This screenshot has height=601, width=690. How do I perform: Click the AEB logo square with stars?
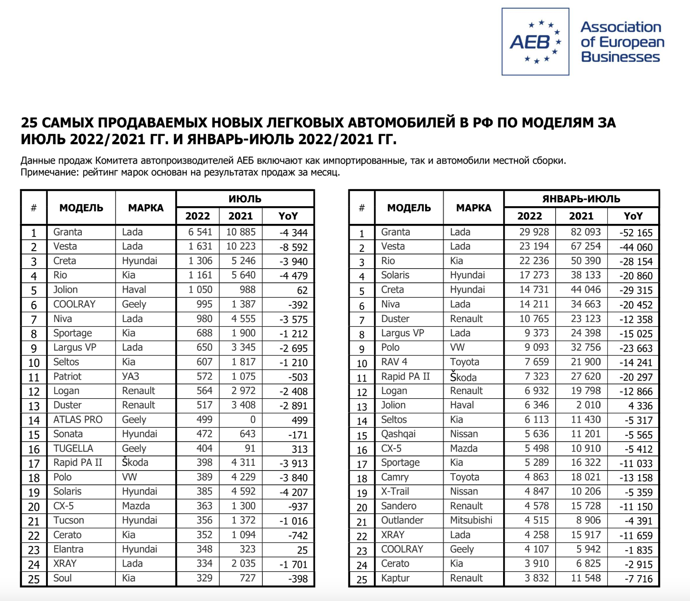(x=535, y=42)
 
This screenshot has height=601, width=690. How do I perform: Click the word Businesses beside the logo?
(x=620, y=57)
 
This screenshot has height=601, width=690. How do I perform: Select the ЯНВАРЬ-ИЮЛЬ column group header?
(x=581, y=199)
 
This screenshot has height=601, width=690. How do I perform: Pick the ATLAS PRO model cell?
(x=78, y=420)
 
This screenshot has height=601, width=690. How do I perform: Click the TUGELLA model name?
(x=73, y=449)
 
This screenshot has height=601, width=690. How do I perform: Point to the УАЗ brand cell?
(x=131, y=377)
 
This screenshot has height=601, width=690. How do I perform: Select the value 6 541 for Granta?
(x=200, y=232)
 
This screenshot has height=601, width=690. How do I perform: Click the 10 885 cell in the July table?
(x=241, y=232)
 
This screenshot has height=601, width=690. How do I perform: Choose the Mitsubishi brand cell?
(x=471, y=520)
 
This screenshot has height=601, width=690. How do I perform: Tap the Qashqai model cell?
(x=398, y=434)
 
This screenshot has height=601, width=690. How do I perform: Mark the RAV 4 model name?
(x=394, y=362)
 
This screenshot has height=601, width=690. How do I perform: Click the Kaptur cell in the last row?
(x=395, y=578)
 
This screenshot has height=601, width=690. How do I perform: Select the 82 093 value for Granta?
(x=585, y=232)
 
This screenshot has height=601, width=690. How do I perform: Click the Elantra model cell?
(x=68, y=549)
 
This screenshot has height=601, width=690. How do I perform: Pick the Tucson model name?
(x=69, y=520)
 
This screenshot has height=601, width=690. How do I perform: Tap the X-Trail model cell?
(x=395, y=492)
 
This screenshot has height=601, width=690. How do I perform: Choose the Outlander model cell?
(x=402, y=520)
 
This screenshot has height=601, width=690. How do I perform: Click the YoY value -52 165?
(x=636, y=233)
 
